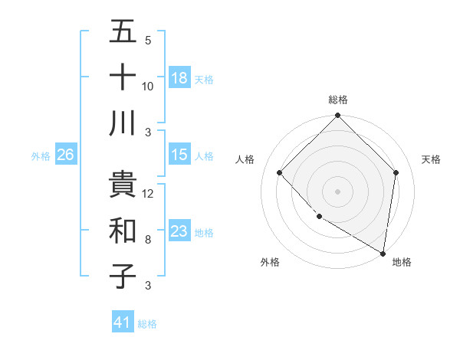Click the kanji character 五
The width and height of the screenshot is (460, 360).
(x=123, y=32)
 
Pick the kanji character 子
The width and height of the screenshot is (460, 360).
(x=123, y=276)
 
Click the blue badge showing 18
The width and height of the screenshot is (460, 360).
(x=179, y=78)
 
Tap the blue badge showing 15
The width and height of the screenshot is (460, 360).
(x=179, y=155)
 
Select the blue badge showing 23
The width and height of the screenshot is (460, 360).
(x=179, y=231)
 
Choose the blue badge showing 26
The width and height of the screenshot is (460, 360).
(x=65, y=155)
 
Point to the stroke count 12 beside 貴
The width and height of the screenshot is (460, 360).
(x=148, y=194)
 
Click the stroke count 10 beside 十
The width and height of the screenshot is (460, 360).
(x=148, y=87)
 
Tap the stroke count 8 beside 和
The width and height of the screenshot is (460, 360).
(x=148, y=240)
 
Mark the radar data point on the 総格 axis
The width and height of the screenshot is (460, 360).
(x=337, y=116)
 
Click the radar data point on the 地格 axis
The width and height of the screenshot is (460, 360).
(x=383, y=253)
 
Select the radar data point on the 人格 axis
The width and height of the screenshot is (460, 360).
(x=280, y=173)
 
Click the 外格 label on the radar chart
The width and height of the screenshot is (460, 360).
(x=270, y=262)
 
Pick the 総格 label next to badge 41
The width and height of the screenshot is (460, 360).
(x=148, y=324)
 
